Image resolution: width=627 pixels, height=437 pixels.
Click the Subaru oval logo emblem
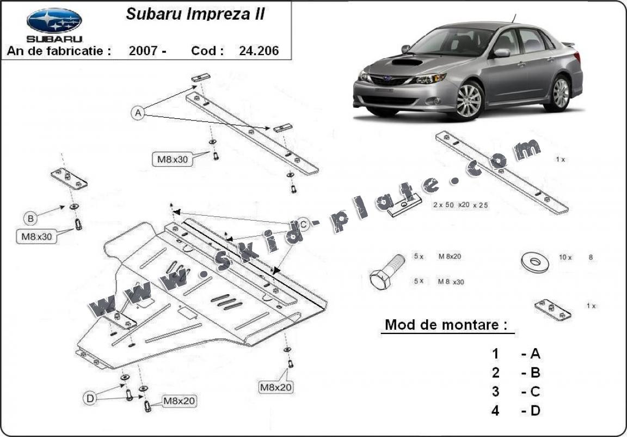54,20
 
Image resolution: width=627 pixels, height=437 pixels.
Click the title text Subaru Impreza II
195,14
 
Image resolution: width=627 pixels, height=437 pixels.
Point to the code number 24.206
259,51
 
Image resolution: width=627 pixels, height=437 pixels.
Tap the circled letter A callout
138,113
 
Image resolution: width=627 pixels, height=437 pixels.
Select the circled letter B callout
31,218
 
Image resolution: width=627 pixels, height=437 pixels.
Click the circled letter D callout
90,398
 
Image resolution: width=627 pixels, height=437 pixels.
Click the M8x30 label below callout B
36,236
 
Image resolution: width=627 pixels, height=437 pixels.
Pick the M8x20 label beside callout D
180,401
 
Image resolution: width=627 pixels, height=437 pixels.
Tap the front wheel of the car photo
469,100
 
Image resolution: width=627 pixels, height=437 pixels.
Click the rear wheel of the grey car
560,93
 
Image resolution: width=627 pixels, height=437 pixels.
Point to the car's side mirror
501,52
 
